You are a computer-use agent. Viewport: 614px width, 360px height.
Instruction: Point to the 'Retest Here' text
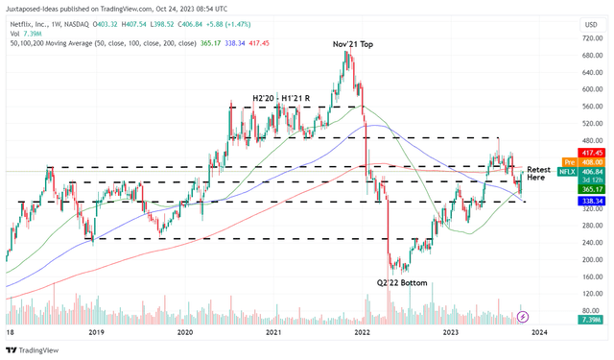tap(538, 174)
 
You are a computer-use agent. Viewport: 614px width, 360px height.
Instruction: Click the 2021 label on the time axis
tap(273, 332)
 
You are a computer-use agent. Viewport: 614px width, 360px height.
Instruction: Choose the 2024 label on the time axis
tap(539, 332)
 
